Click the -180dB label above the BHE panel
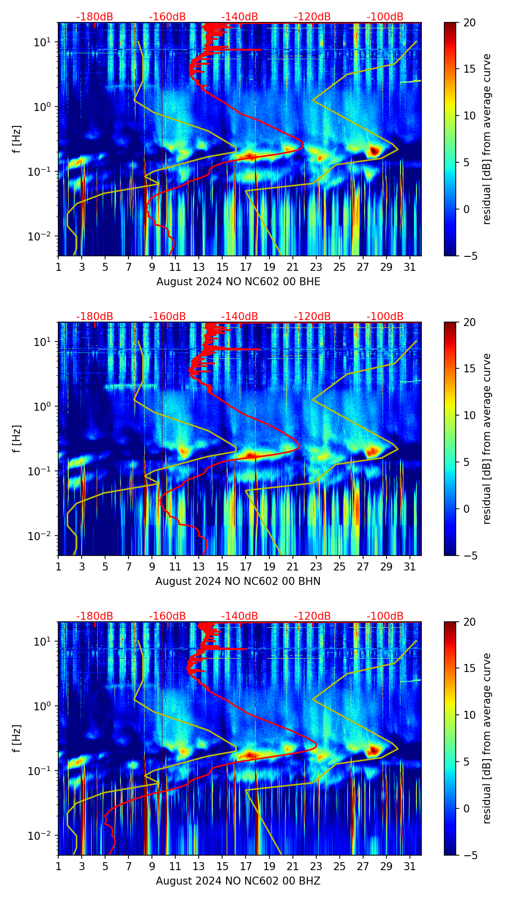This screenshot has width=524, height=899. tap(95, 17)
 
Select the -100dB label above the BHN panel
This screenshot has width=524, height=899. tap(385, 317)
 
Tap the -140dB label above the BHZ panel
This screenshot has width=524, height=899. tap(240, 616)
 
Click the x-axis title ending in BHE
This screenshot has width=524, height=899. tap(238, 282)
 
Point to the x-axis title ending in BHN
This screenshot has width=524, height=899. tap(238, 581)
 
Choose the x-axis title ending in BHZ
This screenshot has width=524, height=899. tap(238, 881)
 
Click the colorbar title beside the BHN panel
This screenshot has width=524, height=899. tap(487, 439)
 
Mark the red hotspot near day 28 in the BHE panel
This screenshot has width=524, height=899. tap(375, 150)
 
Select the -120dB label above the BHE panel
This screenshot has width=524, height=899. tap(312, 17)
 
